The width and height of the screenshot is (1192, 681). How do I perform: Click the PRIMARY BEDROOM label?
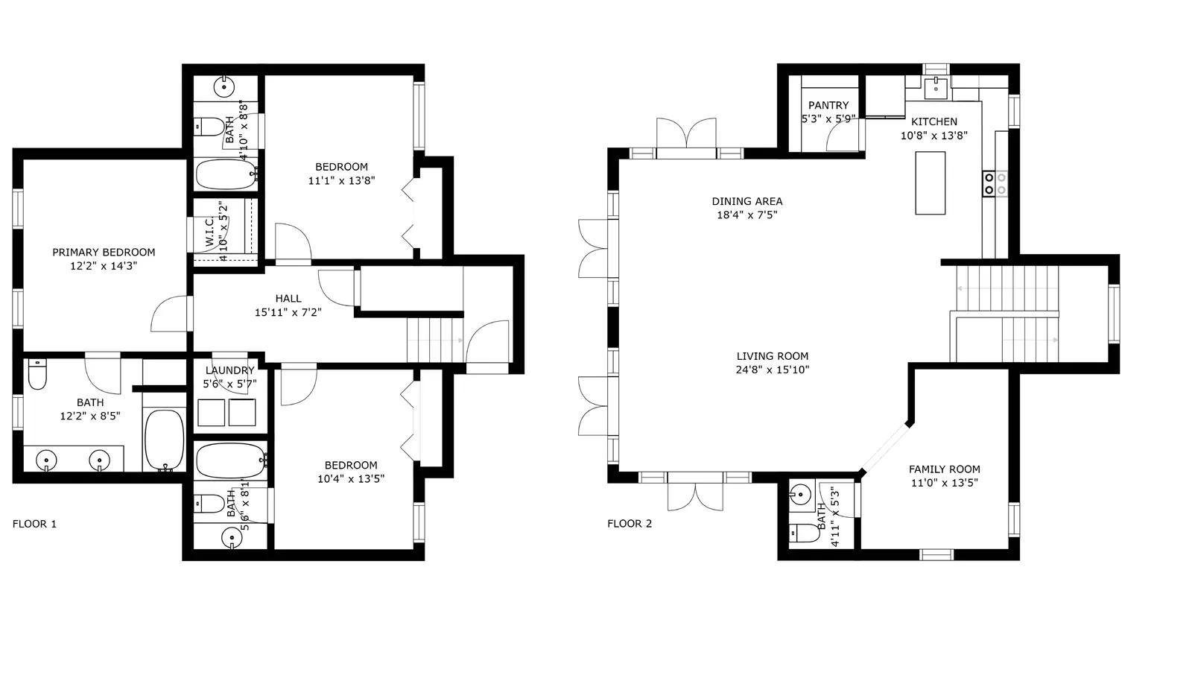pos(104,252)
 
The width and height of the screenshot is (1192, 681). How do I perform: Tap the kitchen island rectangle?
pos(931,183)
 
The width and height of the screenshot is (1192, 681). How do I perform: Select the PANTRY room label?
pos(828,105)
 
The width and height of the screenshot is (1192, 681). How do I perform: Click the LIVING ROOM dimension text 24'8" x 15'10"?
pos(772,370)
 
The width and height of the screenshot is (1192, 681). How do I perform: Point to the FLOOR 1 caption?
pos(34,524)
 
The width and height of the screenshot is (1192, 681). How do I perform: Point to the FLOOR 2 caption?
pos(630,524)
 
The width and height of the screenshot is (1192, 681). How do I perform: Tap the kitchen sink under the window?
pos(936,89)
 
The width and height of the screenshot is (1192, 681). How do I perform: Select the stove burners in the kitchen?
pos(995,183)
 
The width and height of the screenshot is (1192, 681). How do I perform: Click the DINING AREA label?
pos(747,201)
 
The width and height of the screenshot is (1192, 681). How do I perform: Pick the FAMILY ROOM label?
pos(944,469)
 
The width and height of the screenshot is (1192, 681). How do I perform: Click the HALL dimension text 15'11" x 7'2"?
pos(288,312)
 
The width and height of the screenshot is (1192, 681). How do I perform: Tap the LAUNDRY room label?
pos(230,370)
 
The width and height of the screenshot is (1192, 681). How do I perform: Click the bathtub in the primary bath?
pos(165,440)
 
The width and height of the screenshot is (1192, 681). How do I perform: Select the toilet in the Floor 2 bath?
pos(805,533)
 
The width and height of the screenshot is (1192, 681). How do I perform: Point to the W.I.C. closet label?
pos(209,232)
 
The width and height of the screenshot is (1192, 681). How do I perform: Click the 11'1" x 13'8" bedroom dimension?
pos(342,180)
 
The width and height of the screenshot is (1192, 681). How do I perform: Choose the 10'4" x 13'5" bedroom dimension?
pos(351,479)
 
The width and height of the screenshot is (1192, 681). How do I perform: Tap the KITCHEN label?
pos(934,121)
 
